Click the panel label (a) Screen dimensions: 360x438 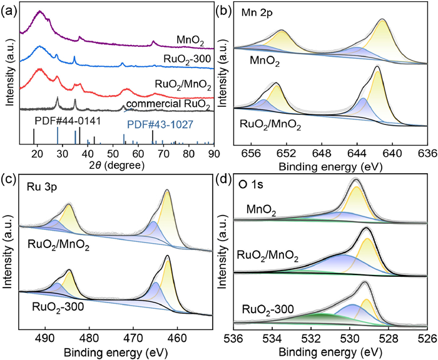pos(9,9)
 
